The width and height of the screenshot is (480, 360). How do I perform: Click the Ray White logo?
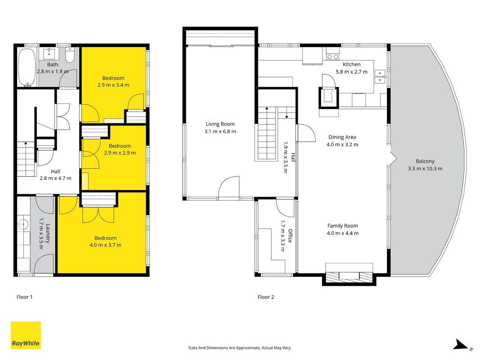click(x=26, y=335)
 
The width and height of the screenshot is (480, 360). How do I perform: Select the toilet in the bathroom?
click(x=70, y=55)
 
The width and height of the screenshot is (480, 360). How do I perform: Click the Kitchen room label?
click(x=351, y=64)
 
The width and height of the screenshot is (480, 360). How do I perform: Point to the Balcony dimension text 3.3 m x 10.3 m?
click(x=425, y=168)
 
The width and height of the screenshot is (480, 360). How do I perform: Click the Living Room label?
click(x=220, y=124)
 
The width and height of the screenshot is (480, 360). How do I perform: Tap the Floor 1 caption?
click(x=24, y=297)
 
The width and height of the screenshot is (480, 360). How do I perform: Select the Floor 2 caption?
click(x=266, y=297)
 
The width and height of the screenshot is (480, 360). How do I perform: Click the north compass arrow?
click(x=461, y=344)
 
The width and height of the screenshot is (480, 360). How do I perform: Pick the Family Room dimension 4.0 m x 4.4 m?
click(x=342, y=233)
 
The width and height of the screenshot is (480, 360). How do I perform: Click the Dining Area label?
click(x=342, y=137)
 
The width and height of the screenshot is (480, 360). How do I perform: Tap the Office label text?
click(x=290, y=236)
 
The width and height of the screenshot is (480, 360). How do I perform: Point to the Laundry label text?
click(x=47, y=234)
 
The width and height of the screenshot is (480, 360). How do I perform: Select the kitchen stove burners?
click(x=333, y=57)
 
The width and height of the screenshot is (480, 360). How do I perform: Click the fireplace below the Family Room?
click(x=349, y=276)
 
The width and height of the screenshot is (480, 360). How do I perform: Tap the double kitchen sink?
click(x=380, y=76)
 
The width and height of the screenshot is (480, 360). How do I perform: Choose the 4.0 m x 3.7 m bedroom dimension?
click(x=105, y=245)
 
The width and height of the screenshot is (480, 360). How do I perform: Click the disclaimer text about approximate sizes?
click(x=240, y=348)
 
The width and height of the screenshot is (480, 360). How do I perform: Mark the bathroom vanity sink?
click(x=49, y=54)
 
